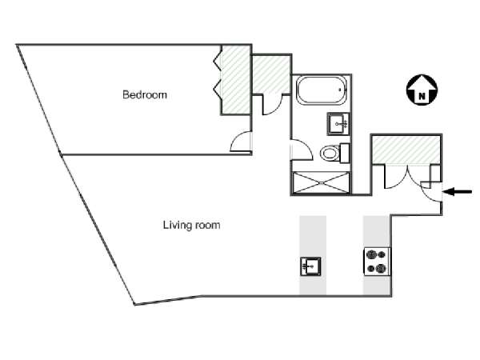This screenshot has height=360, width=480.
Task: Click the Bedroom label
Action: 145,94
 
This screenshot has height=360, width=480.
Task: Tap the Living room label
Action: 192,226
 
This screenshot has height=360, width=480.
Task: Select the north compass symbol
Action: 422,90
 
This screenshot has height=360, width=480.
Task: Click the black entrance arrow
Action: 458,192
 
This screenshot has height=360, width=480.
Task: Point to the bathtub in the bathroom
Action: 322,90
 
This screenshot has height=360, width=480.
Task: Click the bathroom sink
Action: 338,124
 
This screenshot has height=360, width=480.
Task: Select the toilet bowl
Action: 330,153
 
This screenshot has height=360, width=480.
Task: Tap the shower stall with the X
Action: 321,182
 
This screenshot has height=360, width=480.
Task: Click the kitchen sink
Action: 310,266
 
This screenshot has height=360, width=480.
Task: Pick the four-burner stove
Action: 377,261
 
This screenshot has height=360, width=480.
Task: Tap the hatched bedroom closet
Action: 235,80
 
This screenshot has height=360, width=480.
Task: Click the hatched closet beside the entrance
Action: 406,150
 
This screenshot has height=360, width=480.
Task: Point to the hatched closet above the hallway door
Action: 270,74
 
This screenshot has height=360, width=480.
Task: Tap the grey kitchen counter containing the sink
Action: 313,255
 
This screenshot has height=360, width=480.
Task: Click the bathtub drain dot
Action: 340,90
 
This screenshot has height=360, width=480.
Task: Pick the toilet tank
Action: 345,153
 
